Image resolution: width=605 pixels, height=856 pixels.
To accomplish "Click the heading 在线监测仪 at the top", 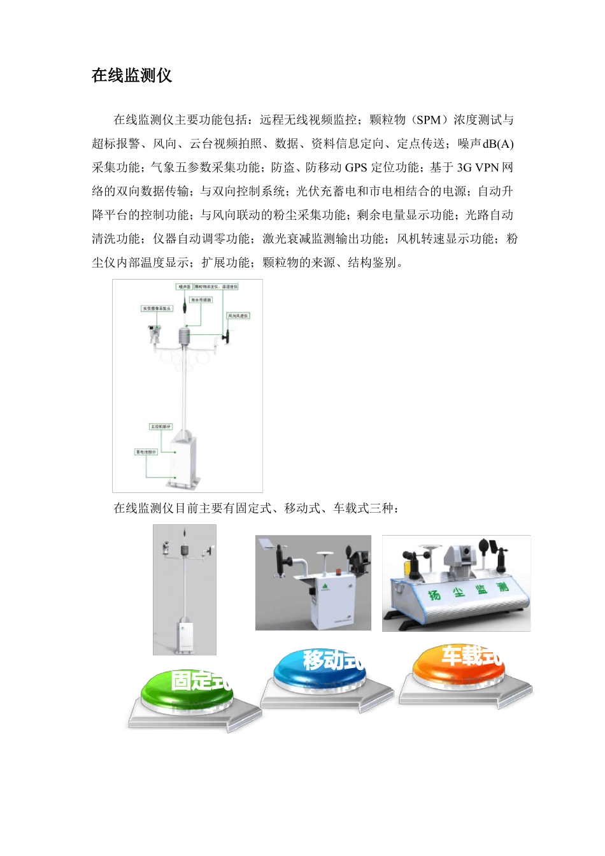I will (132, 76).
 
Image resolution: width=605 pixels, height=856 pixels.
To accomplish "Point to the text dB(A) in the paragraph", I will (499, 144).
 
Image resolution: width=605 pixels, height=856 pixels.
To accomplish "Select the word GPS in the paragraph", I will (356, 168).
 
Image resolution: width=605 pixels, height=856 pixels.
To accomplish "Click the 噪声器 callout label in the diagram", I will (184, 287).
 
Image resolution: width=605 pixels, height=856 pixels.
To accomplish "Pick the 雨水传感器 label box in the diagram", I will (201, 300).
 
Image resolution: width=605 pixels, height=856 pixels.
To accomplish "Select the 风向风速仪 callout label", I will (238, 315).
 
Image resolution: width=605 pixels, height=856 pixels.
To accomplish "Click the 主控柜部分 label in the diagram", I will (160, 426).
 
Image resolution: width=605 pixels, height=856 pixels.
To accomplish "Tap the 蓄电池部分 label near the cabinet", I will (145, 452).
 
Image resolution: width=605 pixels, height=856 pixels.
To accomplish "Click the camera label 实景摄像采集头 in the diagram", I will (157, 308).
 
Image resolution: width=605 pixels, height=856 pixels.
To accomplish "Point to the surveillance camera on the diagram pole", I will (153, 332).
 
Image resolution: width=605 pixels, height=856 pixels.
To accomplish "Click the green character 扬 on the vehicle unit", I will (434, 595).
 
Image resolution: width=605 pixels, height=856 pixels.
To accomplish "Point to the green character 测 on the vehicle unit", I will (502, 586).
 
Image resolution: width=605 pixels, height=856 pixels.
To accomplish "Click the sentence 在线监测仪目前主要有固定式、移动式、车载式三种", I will (255, 508).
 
